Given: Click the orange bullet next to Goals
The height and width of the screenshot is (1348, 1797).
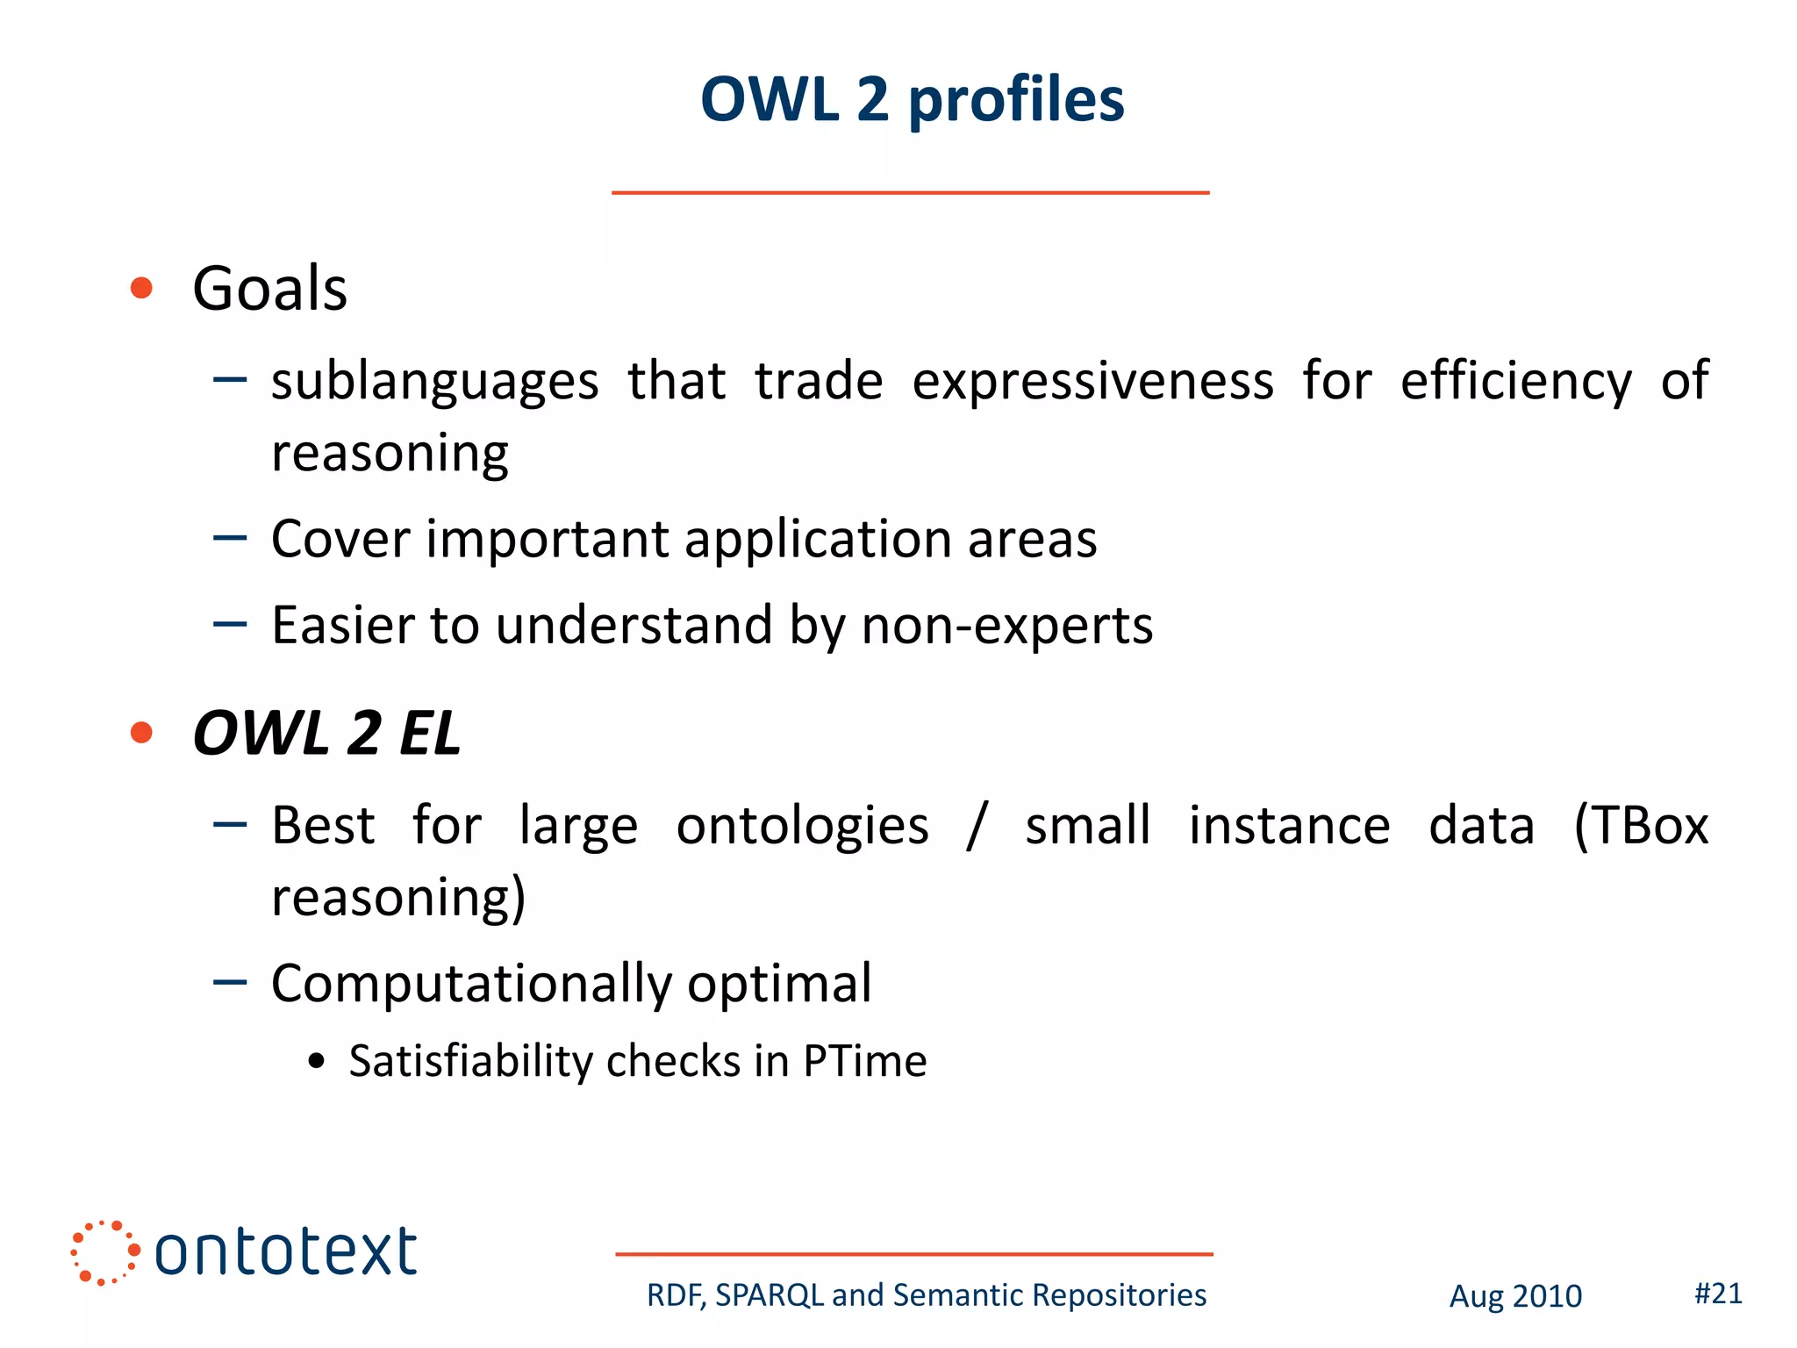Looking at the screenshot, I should (x=141, y=288).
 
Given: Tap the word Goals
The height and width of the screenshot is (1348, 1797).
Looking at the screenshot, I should (x=269, y=289).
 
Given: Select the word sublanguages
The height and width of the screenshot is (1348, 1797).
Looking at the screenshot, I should (x=434, y=383).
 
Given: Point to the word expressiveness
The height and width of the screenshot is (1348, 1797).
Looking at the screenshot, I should (x=1092, y=381).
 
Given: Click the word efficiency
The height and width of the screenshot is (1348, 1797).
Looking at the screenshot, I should (x=1515, y=381).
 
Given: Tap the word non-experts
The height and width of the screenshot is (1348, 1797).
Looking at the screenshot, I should (x=1006, y=626).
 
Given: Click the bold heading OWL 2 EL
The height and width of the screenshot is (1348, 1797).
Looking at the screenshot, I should (x=326, y=734).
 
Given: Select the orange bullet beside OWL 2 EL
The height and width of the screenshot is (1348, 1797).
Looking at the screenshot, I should (x=141, y=732).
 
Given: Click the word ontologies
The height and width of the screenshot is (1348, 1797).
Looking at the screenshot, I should (x=802, y=827).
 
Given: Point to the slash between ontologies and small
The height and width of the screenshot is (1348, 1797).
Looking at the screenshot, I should (x=977, y=826).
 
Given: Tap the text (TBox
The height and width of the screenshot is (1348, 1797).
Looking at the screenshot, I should (x=1640, y=826).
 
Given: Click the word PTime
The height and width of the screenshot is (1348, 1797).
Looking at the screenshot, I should (x=864, y=1061).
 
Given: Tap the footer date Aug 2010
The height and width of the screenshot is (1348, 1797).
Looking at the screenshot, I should (x=1514, y=1296).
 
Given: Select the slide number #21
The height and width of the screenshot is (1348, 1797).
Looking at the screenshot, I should (x=1718, y=1294).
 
